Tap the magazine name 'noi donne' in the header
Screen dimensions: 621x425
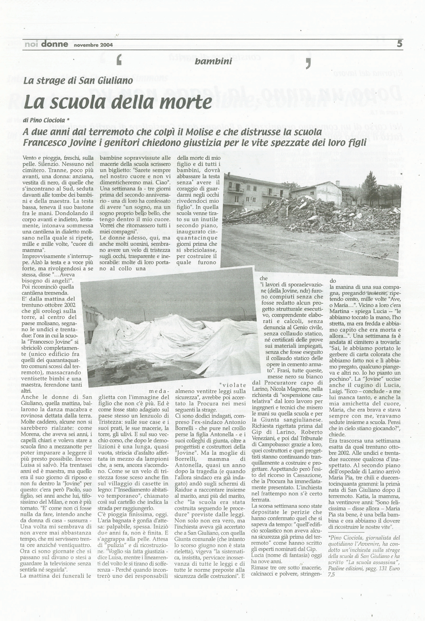[x=46, y=44]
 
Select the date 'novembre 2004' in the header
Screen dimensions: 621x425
[x=93, y=45]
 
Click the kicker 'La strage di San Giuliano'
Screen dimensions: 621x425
[x=78, y=81]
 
